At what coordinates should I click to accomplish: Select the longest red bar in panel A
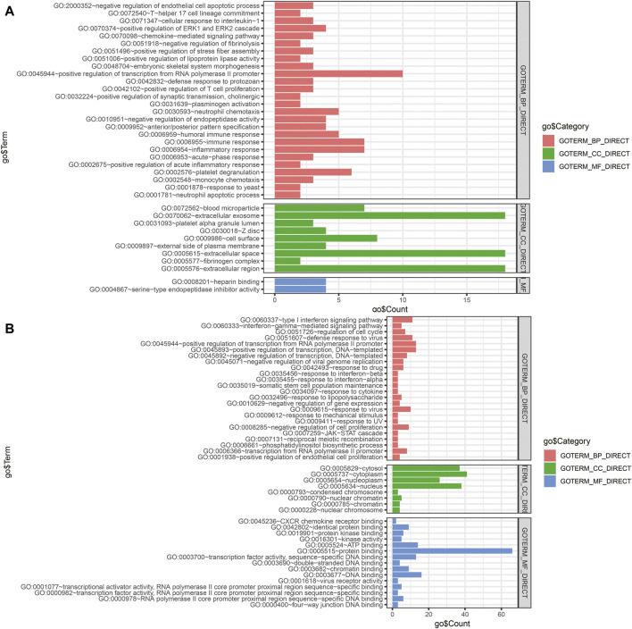(x=339, y=73)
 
